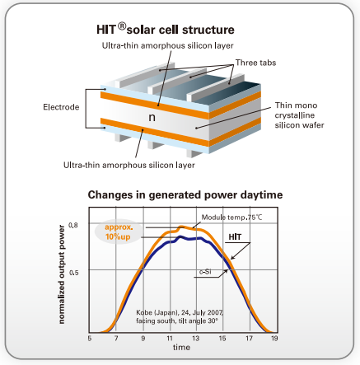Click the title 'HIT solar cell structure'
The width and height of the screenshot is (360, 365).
166,29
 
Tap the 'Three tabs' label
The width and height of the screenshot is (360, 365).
255,63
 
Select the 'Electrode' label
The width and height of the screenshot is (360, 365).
61,107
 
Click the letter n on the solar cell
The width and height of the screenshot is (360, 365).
152,118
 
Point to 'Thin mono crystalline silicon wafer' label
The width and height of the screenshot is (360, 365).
299,115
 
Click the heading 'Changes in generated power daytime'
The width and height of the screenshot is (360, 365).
185,194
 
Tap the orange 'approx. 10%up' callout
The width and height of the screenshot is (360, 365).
119,232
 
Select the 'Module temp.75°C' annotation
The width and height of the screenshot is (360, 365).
231,218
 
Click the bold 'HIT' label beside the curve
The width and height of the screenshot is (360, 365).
235,236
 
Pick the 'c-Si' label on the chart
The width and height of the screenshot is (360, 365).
205,272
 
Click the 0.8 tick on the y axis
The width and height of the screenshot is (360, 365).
73,225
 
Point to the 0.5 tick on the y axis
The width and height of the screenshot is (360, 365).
73,273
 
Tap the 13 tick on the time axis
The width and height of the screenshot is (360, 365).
195,338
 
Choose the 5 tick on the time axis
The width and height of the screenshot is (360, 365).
90,338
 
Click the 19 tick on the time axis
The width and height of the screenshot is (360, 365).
274,338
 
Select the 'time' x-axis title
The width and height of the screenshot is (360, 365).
181,347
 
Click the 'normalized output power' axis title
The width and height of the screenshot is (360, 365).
62,274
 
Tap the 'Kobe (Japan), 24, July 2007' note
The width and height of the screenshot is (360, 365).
180,312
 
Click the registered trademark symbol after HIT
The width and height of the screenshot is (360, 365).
122,26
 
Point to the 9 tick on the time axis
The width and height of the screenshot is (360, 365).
143,338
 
